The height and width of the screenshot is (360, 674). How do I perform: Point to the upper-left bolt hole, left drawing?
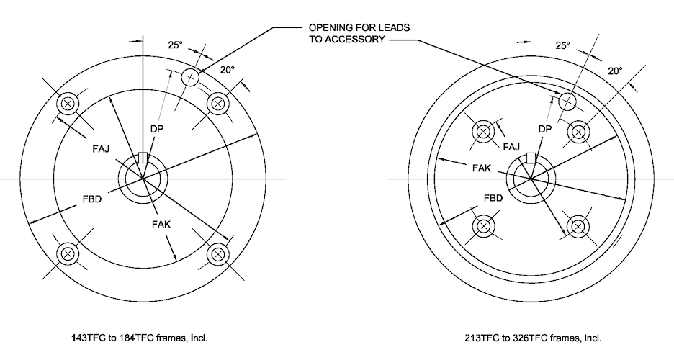point(68,104)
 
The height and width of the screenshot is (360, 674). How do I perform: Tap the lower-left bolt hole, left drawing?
point(68,253)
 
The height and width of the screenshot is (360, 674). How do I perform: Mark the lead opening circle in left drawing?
point(190,77)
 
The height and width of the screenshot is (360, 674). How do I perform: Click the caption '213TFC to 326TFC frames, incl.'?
point(532,336)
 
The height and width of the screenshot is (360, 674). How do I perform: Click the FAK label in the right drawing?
point(482,168)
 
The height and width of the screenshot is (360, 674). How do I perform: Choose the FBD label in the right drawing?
point(493,197)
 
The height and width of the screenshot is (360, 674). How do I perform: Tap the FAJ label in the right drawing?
point(512,147)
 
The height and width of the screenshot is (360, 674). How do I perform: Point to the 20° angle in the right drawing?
point(614,71)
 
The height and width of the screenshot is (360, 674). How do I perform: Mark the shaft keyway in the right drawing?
point(531,158)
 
